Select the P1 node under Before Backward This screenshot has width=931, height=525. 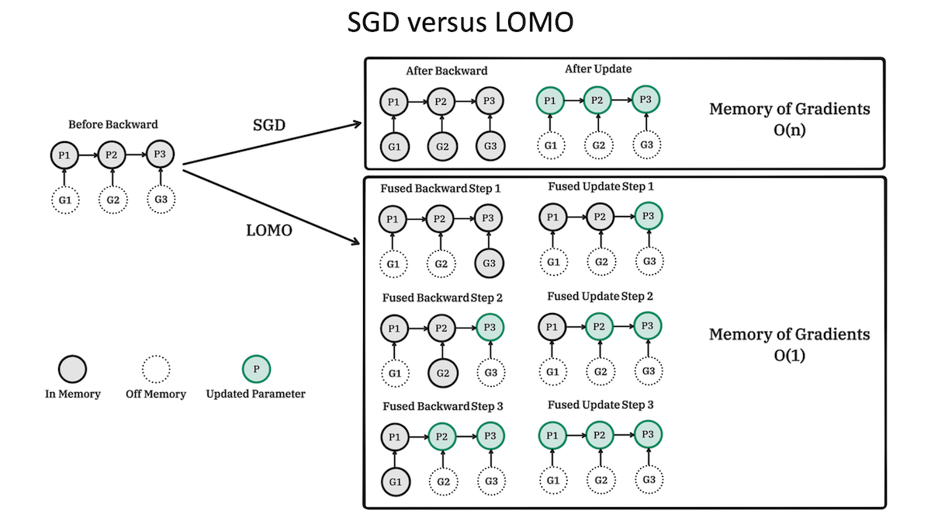pyautogui.click(x=64, y=155)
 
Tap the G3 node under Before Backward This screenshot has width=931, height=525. pyautogui.click(x=161, y=200)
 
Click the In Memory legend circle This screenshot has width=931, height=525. pyautogui.click(x=72, y=368)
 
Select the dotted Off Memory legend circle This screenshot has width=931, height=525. pyautogui.click(x=156, y=368)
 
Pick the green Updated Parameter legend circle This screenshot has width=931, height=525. pyautogui.click(x=256, y=368)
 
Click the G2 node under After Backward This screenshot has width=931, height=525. pyautogui.click(x=441, y=144)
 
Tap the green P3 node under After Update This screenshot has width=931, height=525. pyautogui.click(x=645, y=99)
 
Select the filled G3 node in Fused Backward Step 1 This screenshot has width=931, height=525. pyautogui.click(x=489, y=263)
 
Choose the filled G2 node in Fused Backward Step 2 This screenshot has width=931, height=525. pyautogui.click(x=441, y=373)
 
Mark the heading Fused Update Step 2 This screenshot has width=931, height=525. pyautogui.click(x=600, y=296)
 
